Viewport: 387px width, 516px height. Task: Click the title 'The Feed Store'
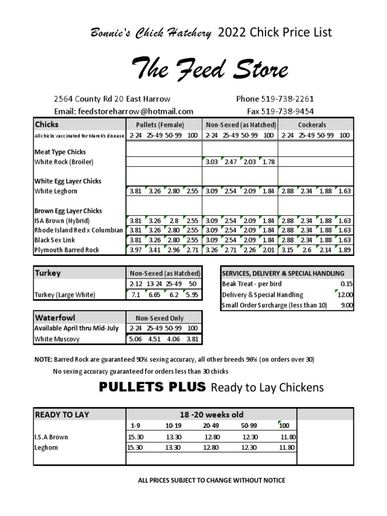click(210, 69)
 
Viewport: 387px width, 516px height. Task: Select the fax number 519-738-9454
click(290, 111)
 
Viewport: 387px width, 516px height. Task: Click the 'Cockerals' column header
click(312, 124)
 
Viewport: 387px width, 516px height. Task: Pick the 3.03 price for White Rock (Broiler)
click(212, 162)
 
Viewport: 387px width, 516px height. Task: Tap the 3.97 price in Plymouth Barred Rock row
click(135, 250)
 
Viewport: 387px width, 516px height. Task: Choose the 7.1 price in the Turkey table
click(135, 295)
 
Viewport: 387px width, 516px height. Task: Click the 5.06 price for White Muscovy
click(135, 339)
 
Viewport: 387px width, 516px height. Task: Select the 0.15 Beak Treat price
click(347, 284)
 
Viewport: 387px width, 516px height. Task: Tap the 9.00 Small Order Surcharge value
click(347, 305)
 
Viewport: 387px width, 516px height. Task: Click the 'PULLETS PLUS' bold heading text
click(152, 387)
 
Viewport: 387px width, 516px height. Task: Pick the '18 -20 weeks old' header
click(211, 415)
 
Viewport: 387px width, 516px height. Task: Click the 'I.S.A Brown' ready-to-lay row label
click(51, 437)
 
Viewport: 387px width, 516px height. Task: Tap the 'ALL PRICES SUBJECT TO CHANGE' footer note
click(211, 480)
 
